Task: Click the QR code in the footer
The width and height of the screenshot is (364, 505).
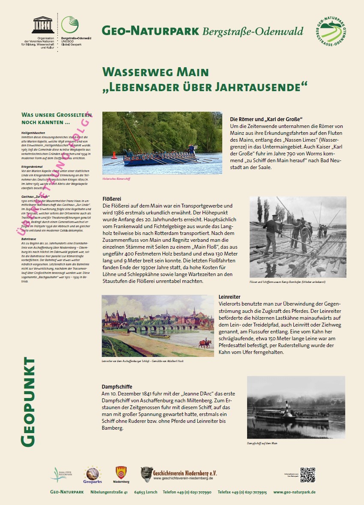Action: pos(307,475)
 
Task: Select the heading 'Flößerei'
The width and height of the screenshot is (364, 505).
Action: pos(112,199)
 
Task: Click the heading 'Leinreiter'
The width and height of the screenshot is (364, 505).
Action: pos(230,297)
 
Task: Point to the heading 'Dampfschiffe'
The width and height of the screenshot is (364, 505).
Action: pos(117,386)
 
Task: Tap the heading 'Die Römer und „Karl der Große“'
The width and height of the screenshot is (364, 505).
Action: pos(266,119)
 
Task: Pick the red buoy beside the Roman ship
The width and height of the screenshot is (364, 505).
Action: pos(114,155)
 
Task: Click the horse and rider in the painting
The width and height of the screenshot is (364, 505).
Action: pos(205,343)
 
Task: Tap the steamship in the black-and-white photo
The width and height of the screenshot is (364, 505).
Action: pos(291,413)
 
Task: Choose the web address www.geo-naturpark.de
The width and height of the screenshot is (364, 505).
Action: pos(294,492)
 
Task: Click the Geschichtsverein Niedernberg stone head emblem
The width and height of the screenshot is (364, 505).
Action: pos(146,474)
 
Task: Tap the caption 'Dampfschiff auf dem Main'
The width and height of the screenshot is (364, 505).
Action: pos(262,443)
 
